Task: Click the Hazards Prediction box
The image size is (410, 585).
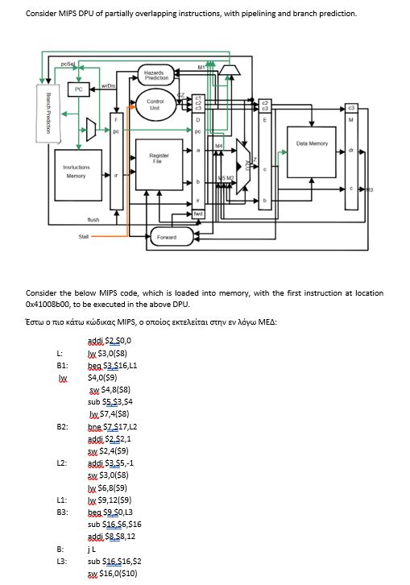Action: coord(157,75)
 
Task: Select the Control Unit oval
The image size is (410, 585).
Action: coord(157,104)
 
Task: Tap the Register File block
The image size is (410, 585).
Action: coord(158,157)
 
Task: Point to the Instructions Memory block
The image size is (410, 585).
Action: coord(76,171)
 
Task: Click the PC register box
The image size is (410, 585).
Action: coord(78,89)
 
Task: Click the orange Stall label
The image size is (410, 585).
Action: coord(83,237)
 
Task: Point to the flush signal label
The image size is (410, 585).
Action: coord(93,218)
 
